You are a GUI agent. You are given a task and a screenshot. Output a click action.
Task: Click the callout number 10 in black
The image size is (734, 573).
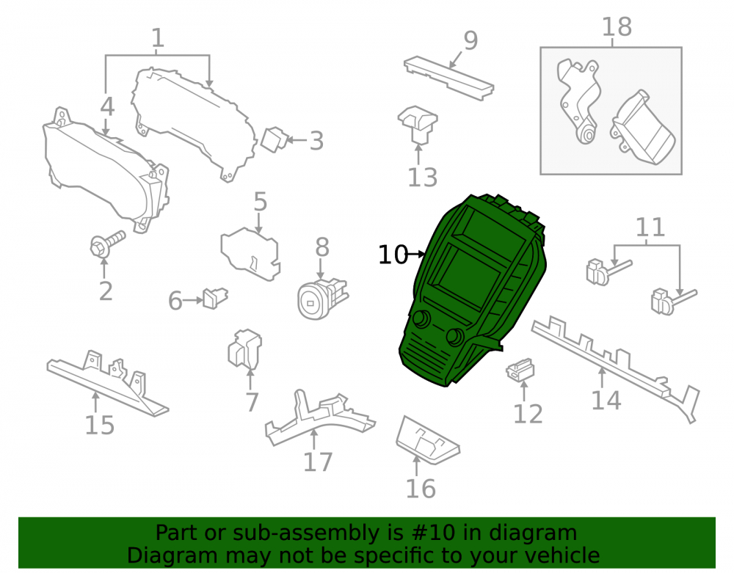[x=393, y=255]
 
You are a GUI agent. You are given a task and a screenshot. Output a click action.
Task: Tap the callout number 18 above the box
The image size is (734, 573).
[x=617, y=26]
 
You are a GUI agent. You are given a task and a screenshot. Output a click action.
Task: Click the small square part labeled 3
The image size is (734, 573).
[x=272, y=139]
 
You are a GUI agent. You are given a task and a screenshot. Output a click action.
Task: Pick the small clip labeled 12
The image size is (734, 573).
[x=520, y=370]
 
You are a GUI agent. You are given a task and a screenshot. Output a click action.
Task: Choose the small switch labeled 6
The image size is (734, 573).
[x=214, y=299]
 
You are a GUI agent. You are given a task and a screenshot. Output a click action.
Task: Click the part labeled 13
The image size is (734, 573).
[x=418, y=124]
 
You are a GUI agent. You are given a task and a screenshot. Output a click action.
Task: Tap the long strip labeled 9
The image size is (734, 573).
[x=448, y=78]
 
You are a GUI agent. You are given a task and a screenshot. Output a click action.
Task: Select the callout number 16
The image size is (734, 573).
[x=421, y=489]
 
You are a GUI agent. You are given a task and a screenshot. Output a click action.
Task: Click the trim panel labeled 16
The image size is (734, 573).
[x=427, y=440]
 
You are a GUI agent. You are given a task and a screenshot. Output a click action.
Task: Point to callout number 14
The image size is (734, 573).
[x=606, y=401]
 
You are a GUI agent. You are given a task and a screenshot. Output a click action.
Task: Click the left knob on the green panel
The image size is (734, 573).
[x=421, y=318]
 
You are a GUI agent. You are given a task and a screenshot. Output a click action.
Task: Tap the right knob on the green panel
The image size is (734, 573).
[x=455, y=337]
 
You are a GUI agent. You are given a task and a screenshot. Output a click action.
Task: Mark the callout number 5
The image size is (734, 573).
[x=261, y=202]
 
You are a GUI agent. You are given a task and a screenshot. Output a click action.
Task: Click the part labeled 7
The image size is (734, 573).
[x=244, y=349]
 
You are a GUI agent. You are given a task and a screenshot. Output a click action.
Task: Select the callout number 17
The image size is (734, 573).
[x=318, y=462]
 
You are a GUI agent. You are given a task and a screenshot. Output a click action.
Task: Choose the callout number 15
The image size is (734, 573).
[x=99, y=426]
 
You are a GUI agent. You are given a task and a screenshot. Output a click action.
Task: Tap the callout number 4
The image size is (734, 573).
[x=107, y=106]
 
